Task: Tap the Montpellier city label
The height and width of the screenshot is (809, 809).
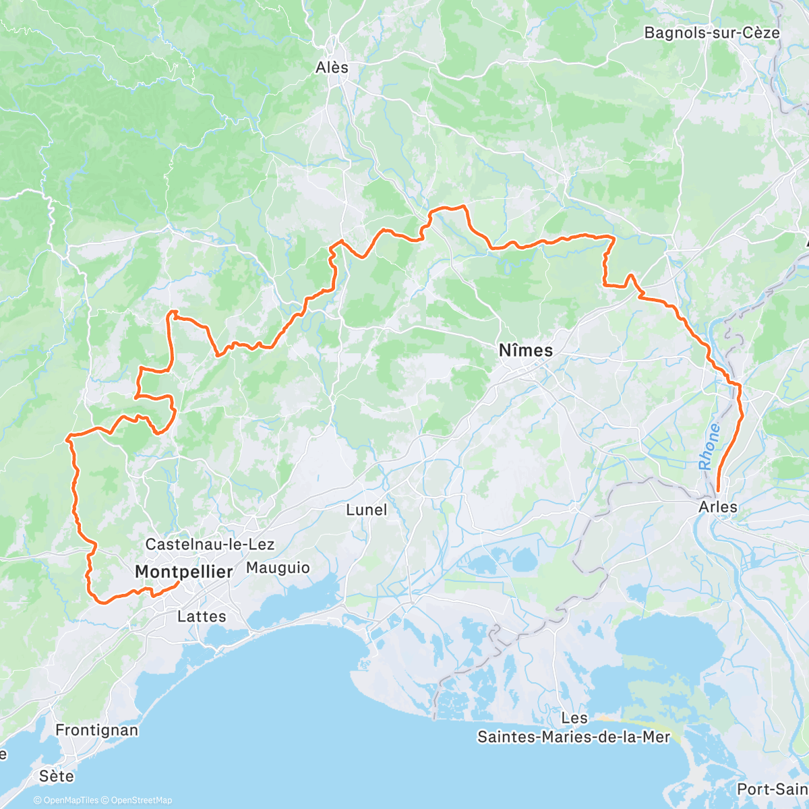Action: tap(183, 572)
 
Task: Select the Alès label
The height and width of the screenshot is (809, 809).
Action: tap(332, 67)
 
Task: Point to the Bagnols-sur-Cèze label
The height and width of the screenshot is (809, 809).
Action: tap(712, 32)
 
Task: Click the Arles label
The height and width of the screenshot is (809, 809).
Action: tap(719, 506)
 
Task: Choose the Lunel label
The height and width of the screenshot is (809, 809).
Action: tap(367, 510)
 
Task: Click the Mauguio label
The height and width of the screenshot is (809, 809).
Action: tap(278, 568)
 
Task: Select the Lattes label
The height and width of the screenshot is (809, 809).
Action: tap(202, 616)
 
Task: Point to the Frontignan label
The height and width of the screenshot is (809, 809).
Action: tap(97, 730)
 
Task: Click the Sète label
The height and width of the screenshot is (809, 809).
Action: tap(56, 776)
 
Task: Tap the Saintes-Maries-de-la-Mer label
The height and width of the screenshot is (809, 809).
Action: tap(574, 737)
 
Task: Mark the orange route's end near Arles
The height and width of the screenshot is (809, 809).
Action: tap(718, 491)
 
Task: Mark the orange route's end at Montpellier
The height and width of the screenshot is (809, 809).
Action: tap(178, 582)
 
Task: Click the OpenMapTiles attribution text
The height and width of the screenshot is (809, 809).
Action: tap(65, 801)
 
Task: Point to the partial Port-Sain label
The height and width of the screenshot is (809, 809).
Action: tap(772, 789)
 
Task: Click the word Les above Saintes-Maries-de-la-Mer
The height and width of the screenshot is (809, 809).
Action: tap(574, 719)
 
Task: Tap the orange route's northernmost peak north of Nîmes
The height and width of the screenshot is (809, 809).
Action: tap(462, 206)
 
